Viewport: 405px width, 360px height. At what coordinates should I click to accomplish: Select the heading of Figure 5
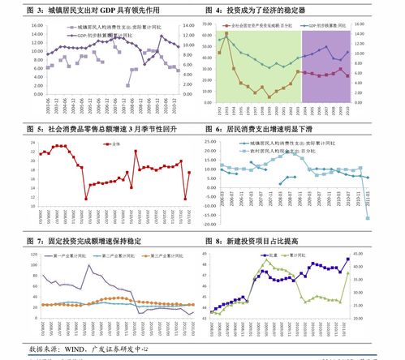(103, 129)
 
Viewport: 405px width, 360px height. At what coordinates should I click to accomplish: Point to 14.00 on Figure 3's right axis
(186, 25)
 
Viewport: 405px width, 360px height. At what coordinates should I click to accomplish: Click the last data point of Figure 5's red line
(189, 172)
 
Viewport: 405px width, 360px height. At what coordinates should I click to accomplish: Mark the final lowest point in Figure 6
(368, 218)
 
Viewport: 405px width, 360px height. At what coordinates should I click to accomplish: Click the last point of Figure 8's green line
(347, 272)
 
